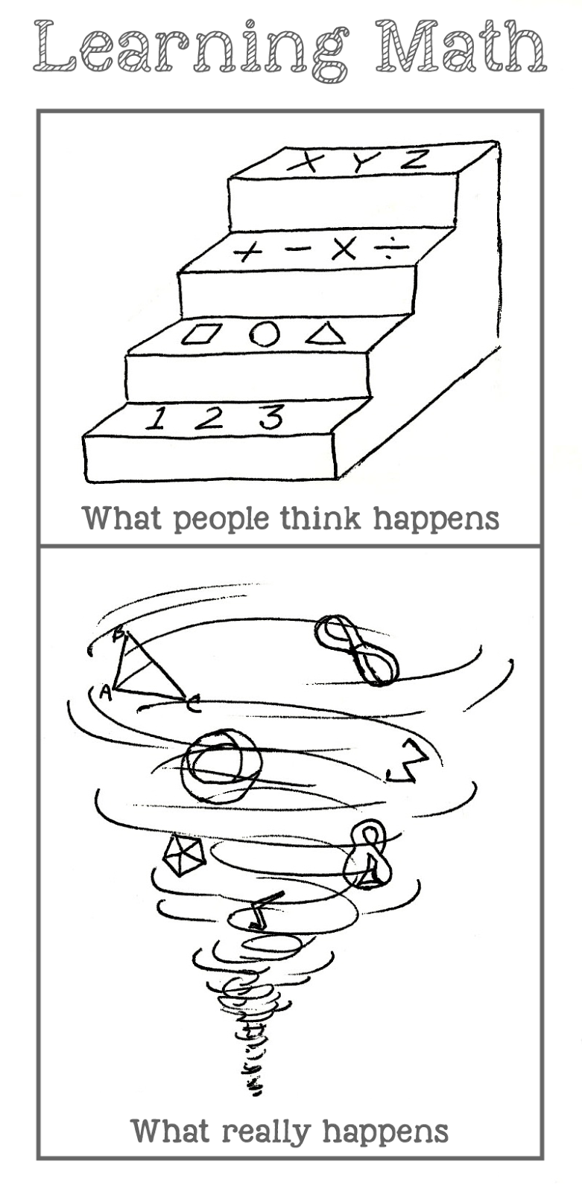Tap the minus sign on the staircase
(x=296, y=250)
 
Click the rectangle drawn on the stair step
(x=201, y=335)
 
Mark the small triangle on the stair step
(x=326, y=333)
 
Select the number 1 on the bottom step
(x=156, y=418)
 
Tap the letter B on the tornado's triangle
(x=120, y=633)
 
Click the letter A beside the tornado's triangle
(x=105, y=693)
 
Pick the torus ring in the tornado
(x=221, y=766)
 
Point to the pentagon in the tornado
(x=183, y=857)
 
